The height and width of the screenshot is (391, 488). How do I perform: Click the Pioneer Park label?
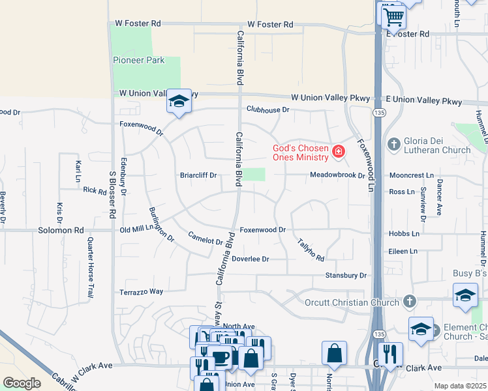coord(138,61)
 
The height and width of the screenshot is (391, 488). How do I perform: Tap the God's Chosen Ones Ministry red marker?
coord(339,152)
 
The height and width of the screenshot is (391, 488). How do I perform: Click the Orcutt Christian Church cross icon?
coord(409,301)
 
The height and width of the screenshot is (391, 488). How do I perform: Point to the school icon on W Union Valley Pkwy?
coord(179,101)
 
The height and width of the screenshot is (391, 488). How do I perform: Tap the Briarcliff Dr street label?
coord(198,175)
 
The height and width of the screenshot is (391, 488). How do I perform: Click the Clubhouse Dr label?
coord(267,109)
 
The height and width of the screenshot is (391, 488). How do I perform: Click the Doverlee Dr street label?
coord(251,259)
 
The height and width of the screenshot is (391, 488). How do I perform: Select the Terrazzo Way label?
coord(141,291)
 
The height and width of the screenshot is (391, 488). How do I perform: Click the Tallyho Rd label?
coord(311,249)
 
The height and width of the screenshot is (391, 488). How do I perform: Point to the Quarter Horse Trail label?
coord(90,268)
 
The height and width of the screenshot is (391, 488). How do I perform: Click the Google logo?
coord(22,383)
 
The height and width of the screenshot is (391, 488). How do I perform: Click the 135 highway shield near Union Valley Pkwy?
coord(378,113)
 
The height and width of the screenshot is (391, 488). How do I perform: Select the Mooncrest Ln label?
coord(411,176)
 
